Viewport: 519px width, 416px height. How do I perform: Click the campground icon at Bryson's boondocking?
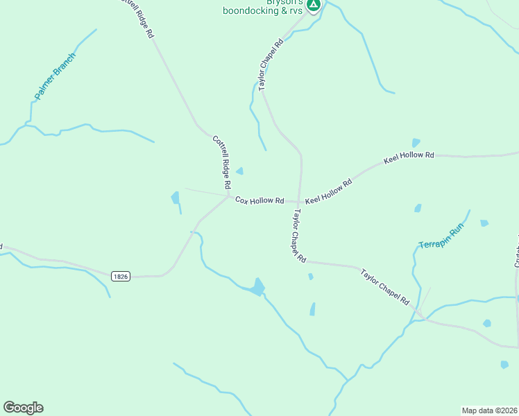(314, 5)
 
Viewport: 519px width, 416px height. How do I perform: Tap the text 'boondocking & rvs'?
(263, 10)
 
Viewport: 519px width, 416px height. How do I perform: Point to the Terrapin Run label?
(441, 237)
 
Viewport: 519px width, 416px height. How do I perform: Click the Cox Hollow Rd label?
(259, 200)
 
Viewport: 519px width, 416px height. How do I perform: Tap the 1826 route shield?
(121, 276)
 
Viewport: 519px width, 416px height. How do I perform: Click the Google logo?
(24, 408)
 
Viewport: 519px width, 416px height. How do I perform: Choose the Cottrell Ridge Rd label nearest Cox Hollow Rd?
(221, 162)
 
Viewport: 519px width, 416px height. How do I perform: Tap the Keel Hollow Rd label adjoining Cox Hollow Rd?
(329, 191)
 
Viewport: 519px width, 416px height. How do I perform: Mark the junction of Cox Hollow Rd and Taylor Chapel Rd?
(299, 202)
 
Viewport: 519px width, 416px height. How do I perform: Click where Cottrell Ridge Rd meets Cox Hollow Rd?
(228, 196)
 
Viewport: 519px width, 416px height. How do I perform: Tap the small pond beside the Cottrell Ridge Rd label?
(240, 171)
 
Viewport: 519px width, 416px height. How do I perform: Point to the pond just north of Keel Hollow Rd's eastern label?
(416, 143)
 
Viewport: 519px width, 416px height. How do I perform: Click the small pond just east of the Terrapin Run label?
(484, 223)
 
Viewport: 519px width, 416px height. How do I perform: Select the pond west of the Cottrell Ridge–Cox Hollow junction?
(175, 198)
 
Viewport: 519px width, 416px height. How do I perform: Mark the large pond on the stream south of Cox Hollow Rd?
(258, 286)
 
